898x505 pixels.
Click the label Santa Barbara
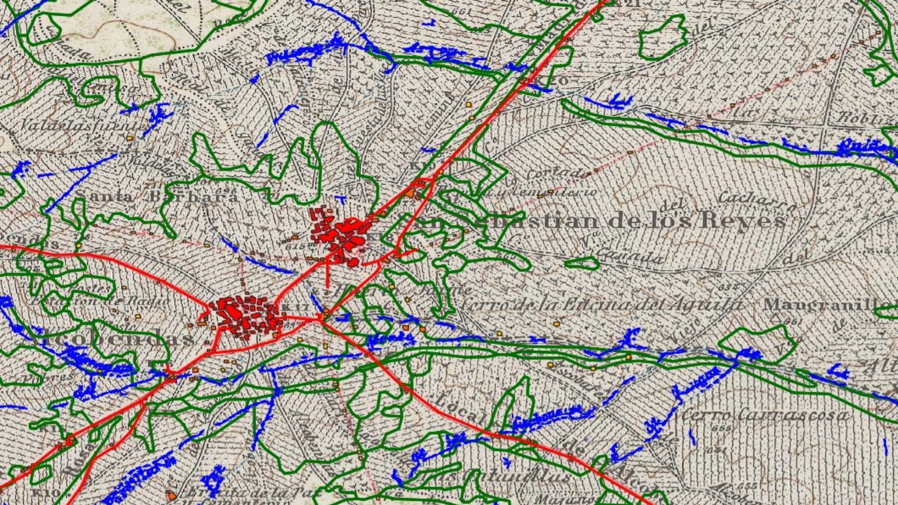tap(156, 196)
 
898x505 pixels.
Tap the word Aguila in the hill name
tap(710, 304)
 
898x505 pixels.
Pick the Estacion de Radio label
tap(100, 301)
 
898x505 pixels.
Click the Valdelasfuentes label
tap(79, 125)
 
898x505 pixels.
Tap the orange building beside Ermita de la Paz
tap(172, 495)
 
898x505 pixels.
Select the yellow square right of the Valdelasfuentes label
tap(129, 138)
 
